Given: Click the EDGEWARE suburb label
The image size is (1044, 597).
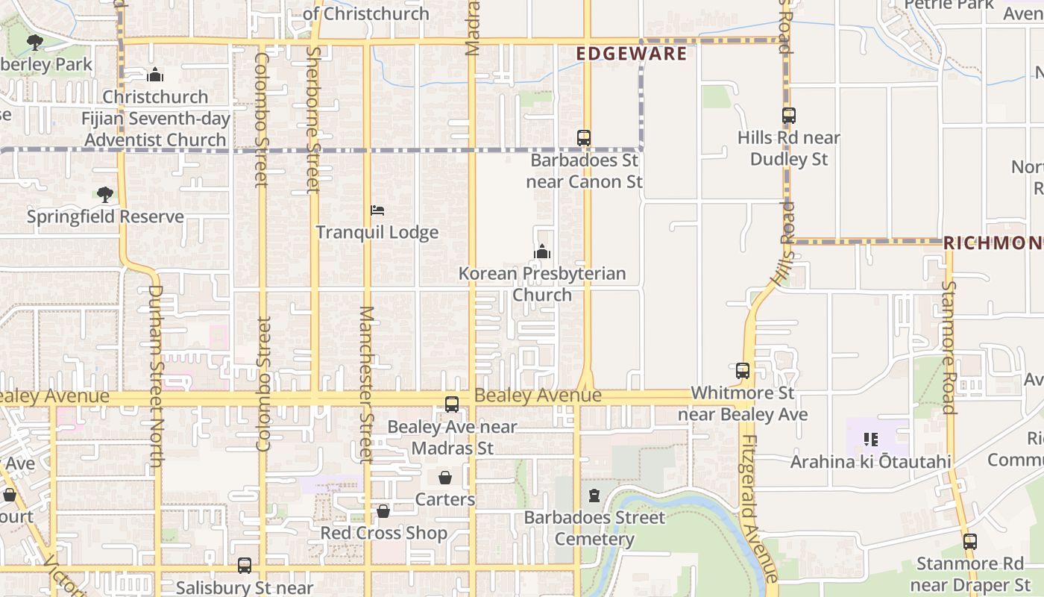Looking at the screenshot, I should coord(632,54).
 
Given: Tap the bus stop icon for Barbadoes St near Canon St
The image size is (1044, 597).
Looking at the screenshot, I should coord(584,138).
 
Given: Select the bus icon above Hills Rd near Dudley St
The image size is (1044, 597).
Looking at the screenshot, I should coord(789,116).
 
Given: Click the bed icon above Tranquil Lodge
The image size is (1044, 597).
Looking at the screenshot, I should coord(377,211).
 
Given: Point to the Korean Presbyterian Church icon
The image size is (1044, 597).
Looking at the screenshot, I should coord(542,251).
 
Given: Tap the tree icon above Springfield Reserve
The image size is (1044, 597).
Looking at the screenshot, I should coord(105,195).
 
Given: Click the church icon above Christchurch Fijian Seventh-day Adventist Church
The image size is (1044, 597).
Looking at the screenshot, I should coord(155,75).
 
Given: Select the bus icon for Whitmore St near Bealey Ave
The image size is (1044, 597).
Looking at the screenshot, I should coord(743,371).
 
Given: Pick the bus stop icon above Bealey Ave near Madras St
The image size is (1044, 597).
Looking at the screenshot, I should coord(452,404).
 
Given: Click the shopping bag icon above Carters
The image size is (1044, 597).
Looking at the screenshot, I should coord(445,478).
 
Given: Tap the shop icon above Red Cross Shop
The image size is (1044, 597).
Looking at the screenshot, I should coord(383,511).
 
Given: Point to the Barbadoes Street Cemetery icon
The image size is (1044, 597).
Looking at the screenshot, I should coord(594,496).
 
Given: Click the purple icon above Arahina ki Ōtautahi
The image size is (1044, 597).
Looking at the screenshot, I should coord(870,440).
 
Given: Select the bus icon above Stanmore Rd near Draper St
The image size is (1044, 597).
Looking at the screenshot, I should coord(969,542).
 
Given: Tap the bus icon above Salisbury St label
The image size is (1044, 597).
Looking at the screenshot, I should coord(245,566).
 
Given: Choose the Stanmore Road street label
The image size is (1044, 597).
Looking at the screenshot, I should coord(949,346).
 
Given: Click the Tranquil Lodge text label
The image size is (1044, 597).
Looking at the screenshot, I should coord(377,232).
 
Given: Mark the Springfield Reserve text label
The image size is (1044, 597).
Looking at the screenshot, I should coord(105,216).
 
